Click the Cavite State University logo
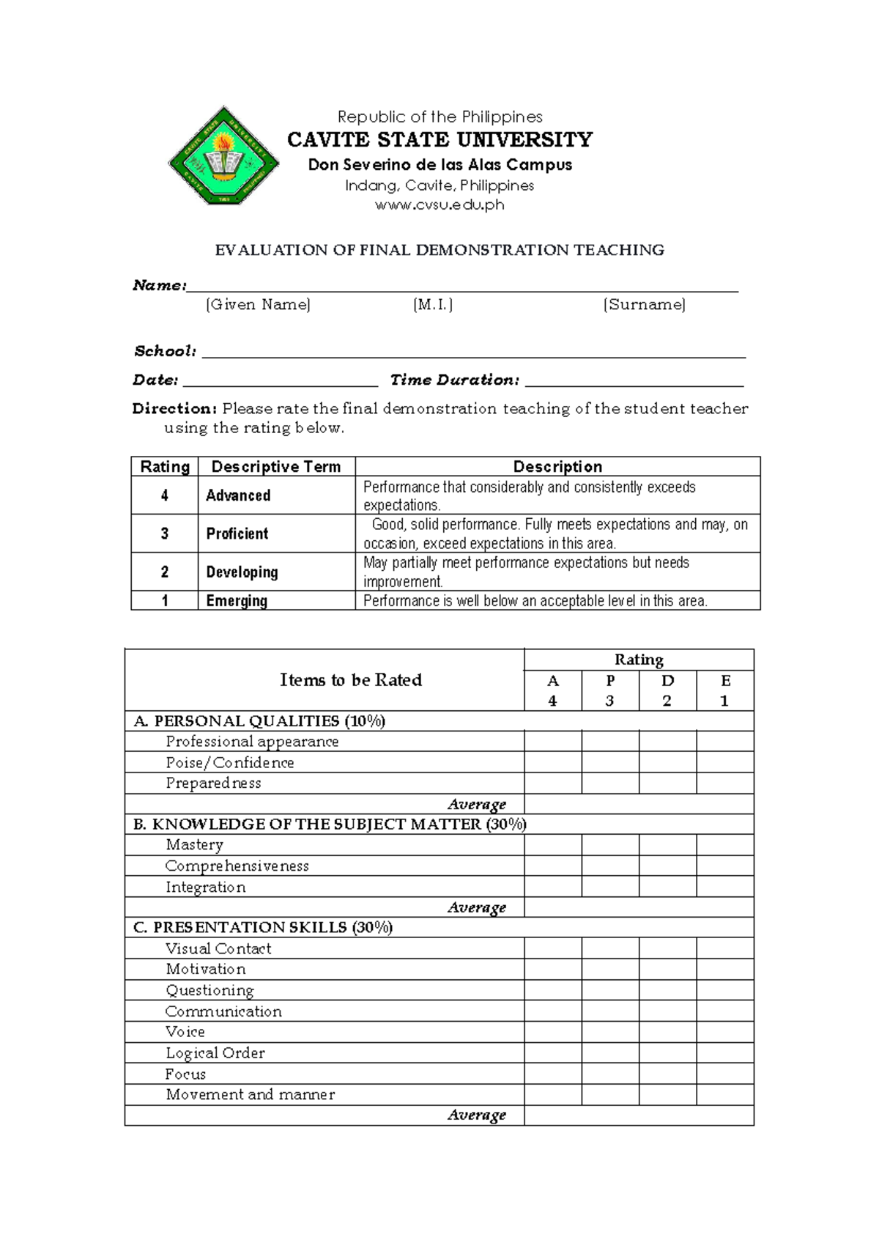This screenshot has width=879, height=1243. tap(223, 156)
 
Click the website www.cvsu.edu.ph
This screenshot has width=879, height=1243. tap(439, 205)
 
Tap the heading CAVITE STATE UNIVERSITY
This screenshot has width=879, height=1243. tap(439, 139)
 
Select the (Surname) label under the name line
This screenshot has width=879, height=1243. tap(644, 305)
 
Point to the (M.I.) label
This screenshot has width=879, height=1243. tap(433, 305)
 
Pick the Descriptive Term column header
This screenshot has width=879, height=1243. tap(276, 467)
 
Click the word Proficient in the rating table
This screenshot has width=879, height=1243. tap(237, 534)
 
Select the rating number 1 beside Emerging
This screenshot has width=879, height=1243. tap(165, 601)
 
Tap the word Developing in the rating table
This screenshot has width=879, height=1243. tap(242, 572)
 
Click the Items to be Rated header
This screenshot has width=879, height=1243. tap(351, 680)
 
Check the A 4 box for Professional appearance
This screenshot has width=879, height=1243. tap(553, 741)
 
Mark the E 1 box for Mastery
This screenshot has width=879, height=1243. tap(724, 845)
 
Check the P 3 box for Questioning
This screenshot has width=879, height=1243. tap(610, 990)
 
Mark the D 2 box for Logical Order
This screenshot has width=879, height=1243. tap(667, 1053)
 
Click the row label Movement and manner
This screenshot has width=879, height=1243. tap(250, 1095)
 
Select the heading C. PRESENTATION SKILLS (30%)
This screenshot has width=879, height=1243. tap(263, 928)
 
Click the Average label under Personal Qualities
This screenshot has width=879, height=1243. tap(477, 804)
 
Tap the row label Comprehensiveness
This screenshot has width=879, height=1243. tap(237, 866)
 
